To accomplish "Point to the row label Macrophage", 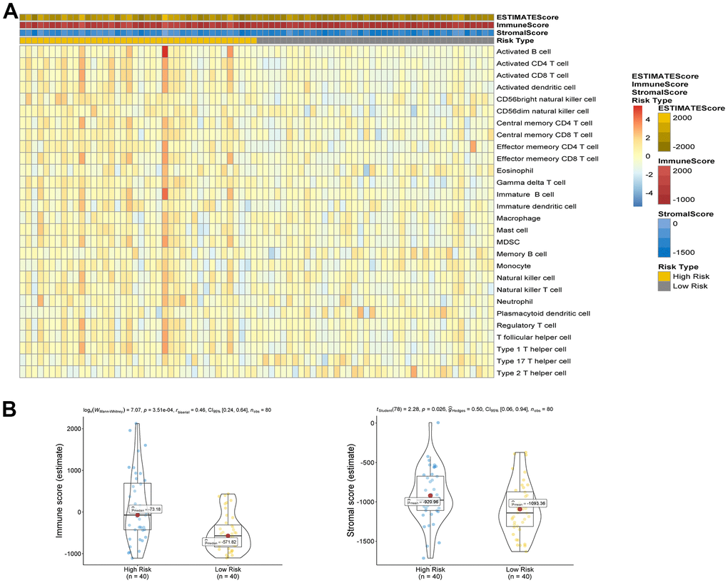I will click(517, 218).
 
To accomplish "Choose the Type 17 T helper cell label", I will click(533, 361).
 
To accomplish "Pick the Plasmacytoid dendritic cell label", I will click(543, 313).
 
